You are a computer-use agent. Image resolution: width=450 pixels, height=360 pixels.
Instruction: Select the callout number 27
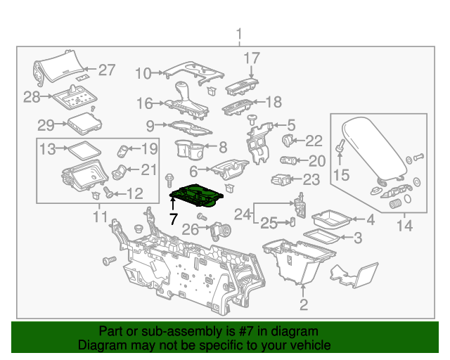[x=106, y=70]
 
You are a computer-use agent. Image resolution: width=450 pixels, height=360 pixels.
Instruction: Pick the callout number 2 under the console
[x=304, y=304]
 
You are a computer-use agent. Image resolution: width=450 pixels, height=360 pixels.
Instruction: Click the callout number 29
[x=46, y=126]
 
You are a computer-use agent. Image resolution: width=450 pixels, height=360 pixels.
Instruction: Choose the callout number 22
[x=314, y=141]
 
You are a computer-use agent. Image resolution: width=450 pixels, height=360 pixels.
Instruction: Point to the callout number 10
[x=143, y=72]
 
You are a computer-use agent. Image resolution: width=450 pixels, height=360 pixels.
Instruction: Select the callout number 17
[x=252, y=58]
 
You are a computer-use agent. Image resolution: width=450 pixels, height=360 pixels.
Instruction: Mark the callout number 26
[x=190, y=229]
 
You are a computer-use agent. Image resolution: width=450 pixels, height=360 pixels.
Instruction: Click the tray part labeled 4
[x=329, y=219]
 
